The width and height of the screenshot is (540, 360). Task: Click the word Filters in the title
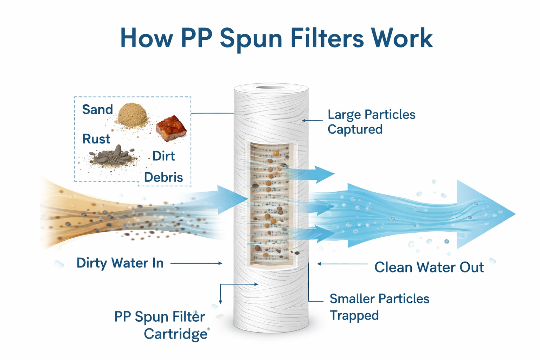pos(327,38)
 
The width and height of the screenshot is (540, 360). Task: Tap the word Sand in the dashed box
pos(97,109)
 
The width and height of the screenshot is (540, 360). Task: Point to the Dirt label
pos(164,156)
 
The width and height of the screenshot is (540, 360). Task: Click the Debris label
pos(163,177)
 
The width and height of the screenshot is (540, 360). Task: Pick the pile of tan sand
pos(132,115)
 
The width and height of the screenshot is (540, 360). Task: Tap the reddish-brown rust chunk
pos(171,128)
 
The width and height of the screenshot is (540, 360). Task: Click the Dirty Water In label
pos(120,263)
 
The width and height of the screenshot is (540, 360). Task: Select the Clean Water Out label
pos(429,267)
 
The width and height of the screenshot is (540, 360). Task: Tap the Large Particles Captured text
pos(372,122)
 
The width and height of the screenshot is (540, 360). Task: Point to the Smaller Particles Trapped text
pos(379,307)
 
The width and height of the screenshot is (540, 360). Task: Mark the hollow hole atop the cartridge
pos(271,87)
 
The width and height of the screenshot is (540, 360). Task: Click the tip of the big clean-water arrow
pos(515,214)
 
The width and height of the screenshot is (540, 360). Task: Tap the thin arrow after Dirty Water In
pos(196,263)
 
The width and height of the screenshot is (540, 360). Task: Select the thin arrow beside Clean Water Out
pos(342,264)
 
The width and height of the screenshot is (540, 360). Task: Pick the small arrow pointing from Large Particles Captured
pos(313,120)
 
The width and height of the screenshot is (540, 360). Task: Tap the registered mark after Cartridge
pos(208,329)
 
